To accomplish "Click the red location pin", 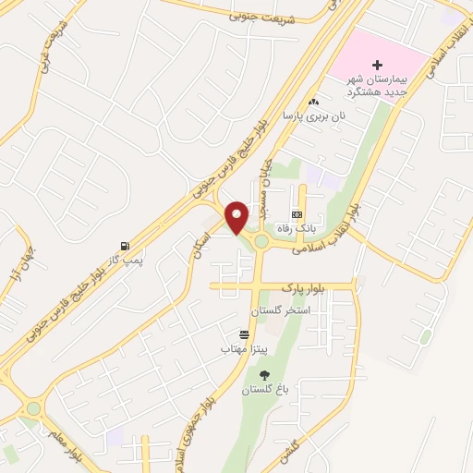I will tap(237, 216).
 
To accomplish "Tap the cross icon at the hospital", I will tap(377, 65).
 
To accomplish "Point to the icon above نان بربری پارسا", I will tap(314, 102).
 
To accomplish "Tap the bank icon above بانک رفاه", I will tap(297, 212).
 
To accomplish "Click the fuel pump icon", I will tap(124, 246).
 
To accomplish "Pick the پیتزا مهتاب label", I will tap(243, 349).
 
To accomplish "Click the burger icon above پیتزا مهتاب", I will tap(244, 334).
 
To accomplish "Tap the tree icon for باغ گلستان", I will tap(266, 374).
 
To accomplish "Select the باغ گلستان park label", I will tap(266, 390).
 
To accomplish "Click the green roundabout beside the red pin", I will tap(261, 242).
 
